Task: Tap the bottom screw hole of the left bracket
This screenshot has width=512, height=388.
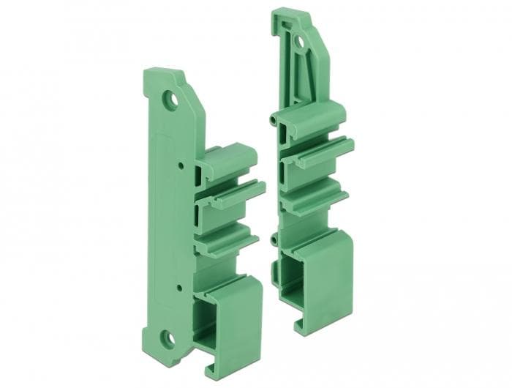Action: pyautogui.click(x=167, y=338)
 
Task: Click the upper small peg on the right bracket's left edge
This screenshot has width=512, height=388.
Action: pyautogui.click(x=271, y=117)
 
